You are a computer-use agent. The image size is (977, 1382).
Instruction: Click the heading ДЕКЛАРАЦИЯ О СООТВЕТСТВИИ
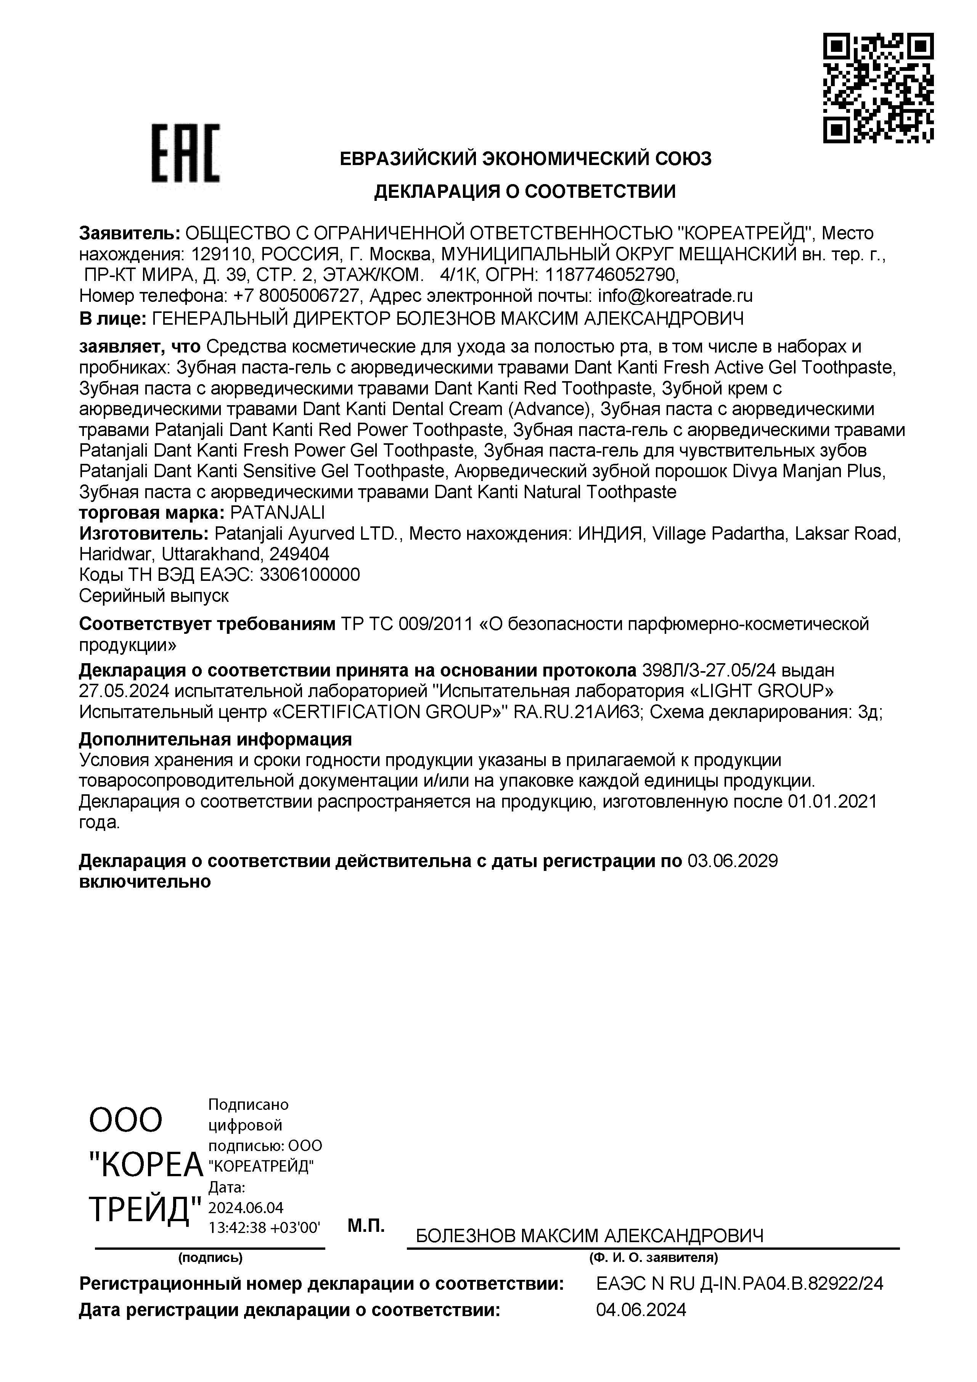525,191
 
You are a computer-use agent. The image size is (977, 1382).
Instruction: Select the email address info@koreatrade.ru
675,295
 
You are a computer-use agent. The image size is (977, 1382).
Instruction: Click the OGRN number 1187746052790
611,274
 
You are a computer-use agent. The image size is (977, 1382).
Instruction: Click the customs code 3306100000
310,575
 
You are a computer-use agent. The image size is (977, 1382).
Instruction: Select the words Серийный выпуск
154,596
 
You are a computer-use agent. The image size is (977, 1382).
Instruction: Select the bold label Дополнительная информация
215,739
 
